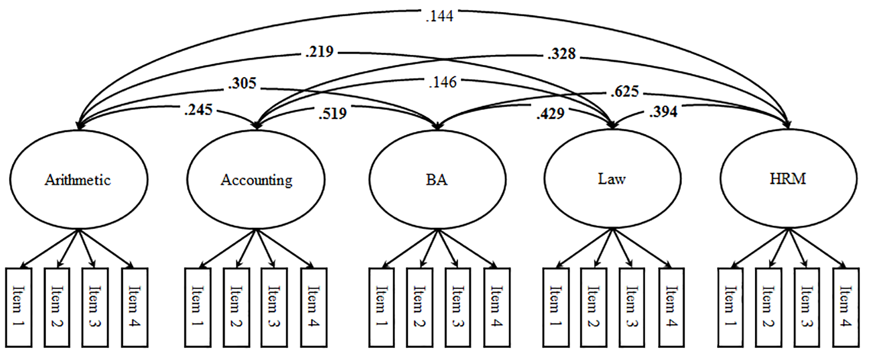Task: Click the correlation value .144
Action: (x=439, y=16)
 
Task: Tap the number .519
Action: (x=333, y=113)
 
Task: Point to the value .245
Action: (x=198, y=110)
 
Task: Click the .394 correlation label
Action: (x=664, y=112)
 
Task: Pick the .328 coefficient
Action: (x=562, y=54)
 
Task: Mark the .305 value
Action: (x=242, y=84)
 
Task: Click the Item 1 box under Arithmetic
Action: (x=18, y=307)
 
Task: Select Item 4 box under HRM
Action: (x=845, y=307)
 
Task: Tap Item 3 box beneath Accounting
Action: (x=274, y=307)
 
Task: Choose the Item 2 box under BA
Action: (x=419, y=307)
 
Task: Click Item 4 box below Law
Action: (x=671, y=307)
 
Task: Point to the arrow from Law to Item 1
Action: (x=584, y=248)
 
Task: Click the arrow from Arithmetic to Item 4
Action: (x=106, y=248)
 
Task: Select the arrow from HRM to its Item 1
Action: (x=760, y=248)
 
